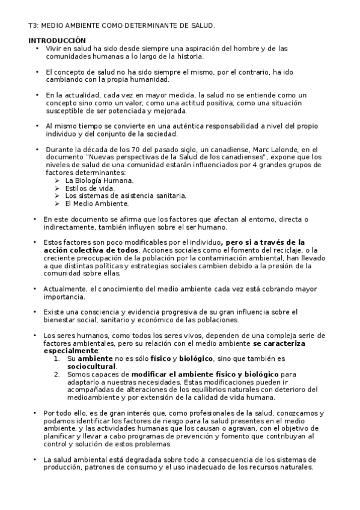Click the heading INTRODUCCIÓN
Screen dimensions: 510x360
53,40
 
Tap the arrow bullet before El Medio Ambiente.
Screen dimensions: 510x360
56,204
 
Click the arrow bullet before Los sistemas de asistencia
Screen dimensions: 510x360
56,196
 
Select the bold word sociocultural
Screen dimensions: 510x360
91,366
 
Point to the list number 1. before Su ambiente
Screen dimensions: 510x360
56,358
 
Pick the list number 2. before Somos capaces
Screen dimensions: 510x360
56,374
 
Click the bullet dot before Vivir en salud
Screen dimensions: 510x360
37,48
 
